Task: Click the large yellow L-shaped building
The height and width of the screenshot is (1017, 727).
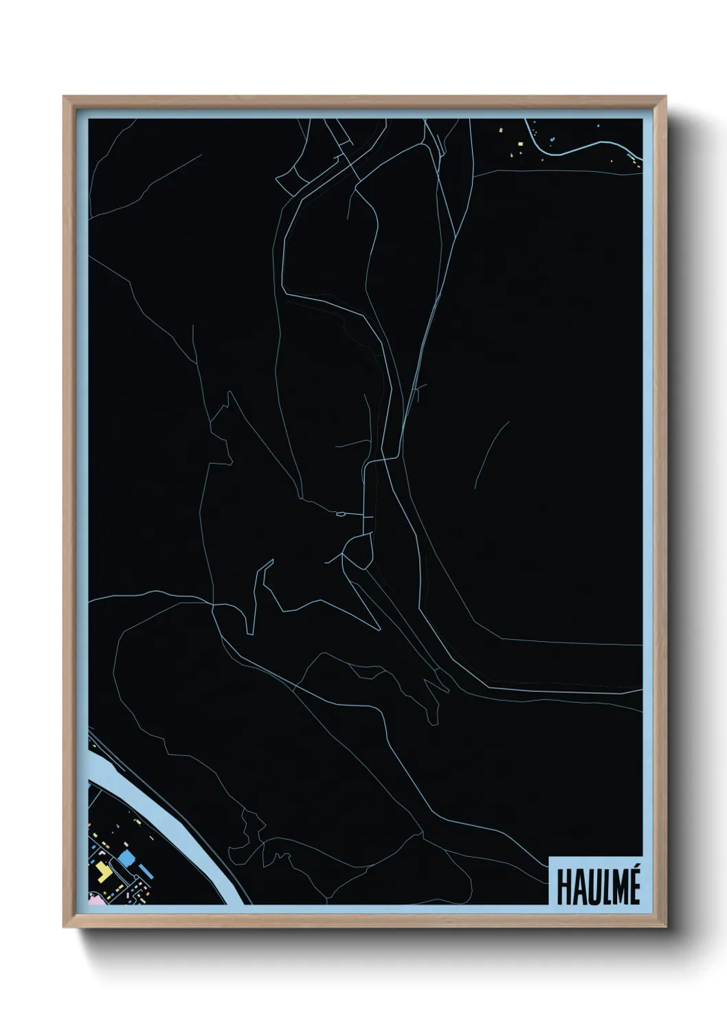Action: (102, 871)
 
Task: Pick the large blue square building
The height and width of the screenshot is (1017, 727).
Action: (126, 858)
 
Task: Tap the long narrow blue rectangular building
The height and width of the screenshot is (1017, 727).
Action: (146, 871)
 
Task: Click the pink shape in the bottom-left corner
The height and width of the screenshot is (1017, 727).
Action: (93, 897)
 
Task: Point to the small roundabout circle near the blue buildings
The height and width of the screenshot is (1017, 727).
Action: (116, 880)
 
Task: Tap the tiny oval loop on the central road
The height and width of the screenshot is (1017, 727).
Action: (340, 513)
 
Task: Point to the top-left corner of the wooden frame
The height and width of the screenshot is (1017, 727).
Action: (64, 97)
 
